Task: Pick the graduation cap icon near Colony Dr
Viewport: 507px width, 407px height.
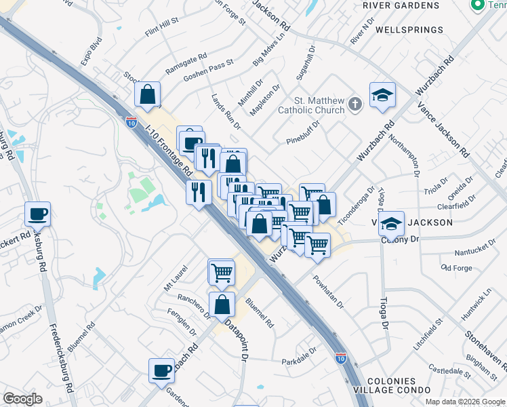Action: coord(391,224)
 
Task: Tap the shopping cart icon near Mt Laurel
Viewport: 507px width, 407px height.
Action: coord(222,272)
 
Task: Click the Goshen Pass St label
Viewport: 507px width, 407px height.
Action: coord(211,69)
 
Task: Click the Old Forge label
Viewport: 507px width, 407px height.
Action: coord(456,267)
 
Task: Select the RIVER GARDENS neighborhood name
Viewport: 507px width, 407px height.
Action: coord(401,5)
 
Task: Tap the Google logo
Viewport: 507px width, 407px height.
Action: coord(22,399)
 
